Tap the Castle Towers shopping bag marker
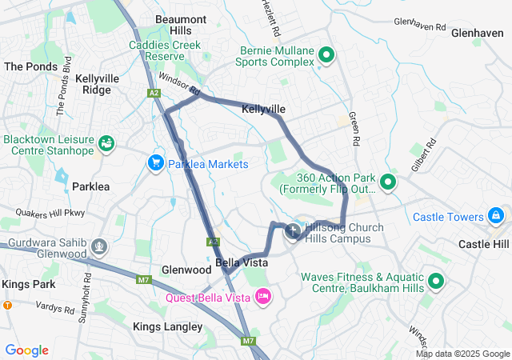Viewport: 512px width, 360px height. [497, 217]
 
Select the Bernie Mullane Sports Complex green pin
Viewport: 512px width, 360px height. [326, 55]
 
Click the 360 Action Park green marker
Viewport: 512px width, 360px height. [388, 182]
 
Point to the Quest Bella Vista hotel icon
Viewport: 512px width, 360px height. [263, 298]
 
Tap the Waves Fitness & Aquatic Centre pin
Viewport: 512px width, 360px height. [436, 282]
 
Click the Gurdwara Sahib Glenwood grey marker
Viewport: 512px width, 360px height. [99, 245]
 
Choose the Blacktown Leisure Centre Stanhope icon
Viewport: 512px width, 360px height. [106, 144]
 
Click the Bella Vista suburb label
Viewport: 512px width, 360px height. [242, 262]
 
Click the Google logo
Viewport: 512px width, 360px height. [26, 350]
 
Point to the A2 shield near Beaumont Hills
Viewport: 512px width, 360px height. [154, 94]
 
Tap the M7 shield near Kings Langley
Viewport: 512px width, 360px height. [144, 279]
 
